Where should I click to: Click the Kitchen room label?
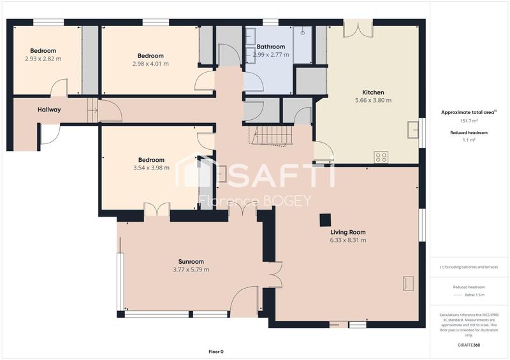point(373,92)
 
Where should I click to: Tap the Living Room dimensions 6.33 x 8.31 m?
point(348,240)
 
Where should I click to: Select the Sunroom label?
point(191,261)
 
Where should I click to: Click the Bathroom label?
point(270,47)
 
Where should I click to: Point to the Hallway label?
point(49,110)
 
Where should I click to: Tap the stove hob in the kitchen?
point(382,157)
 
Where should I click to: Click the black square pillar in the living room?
point(325,219)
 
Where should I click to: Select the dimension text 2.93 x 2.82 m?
point(39,59)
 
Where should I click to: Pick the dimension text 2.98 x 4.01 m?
point(150,64)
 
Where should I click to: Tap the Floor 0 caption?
point(216,351)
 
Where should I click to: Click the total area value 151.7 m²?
point(469,120)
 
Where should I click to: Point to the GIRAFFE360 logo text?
point(469,345)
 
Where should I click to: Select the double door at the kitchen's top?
point(358,28)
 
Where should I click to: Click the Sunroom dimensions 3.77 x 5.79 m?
point(191,270)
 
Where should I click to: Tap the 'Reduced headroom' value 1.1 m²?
point(469,140)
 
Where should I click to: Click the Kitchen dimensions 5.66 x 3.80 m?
point(373,100)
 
